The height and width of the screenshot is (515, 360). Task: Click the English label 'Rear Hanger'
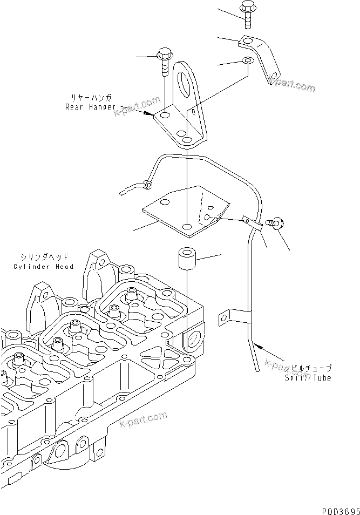90,107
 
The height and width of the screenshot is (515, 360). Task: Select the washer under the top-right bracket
247,60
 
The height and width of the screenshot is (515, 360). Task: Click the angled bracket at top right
260,57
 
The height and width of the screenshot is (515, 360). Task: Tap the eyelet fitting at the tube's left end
146,185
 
